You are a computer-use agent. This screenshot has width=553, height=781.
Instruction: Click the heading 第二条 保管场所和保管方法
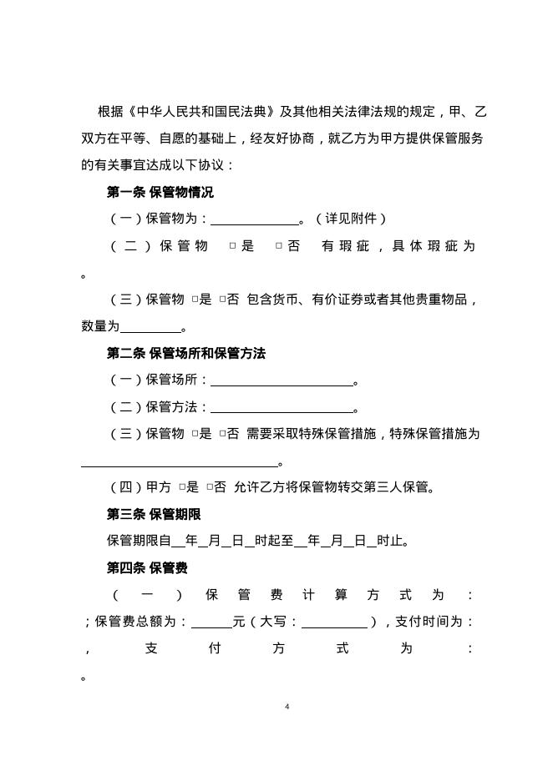tap(186, 354)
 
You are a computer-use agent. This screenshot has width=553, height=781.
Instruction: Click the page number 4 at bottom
tap(287, 707)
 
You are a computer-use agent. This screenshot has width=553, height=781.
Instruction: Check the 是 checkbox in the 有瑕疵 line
tap(233, 247)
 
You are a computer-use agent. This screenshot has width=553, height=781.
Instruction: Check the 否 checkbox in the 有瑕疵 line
tap(279, 247)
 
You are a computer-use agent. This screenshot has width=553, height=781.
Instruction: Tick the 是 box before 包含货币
tap(194, 300)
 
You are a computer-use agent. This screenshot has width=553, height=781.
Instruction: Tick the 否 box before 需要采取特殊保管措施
tap(222, 435)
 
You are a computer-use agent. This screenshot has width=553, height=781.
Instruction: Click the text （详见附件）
tap(351, 219)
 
